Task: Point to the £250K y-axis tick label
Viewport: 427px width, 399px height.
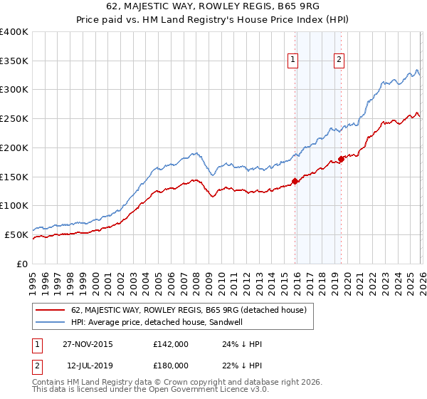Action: pyautogui.click(x=14, y=118)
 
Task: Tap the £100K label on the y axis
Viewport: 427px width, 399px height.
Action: pyautogui.click(x=14, y=205)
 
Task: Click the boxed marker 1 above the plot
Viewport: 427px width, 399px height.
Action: pyautogui.click(x=293, y=61)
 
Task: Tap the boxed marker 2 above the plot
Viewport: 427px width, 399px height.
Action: pyautogui.click(x=339, y=61)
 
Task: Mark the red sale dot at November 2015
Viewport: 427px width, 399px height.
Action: pyautogui.click(x=295, y=181)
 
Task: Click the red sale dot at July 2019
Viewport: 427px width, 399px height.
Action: pyautogui.click(x=341, y=159)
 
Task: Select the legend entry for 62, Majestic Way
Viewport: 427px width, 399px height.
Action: pyautogui.click(x=189, y=310)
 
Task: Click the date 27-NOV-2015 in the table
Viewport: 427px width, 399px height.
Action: pyautogui.click(x=88, y=344)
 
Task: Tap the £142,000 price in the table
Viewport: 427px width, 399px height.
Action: pyautogui.click(x=171, y=344)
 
